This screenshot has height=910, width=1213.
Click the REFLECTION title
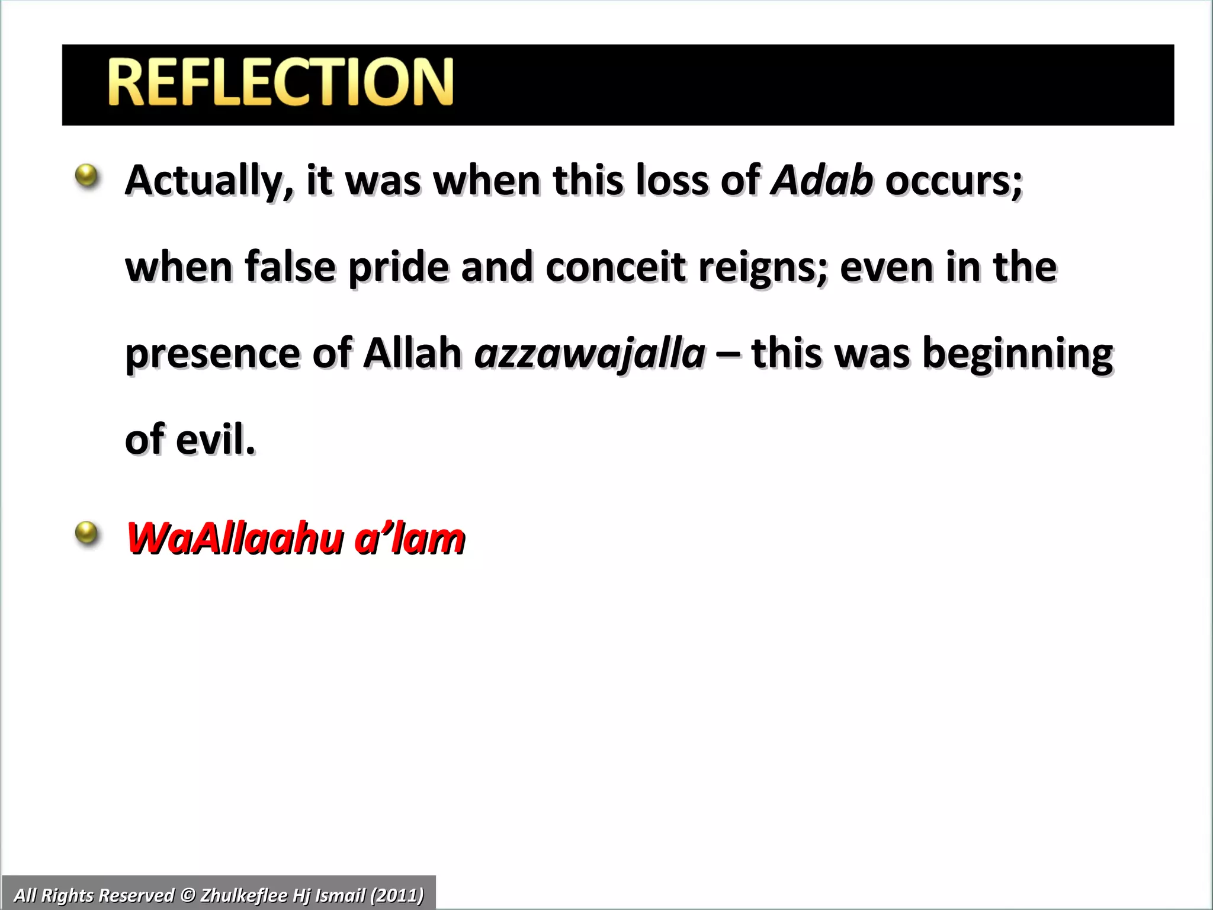point(280,82)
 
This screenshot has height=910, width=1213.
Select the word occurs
point(954,181)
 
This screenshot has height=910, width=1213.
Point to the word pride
point(399,267)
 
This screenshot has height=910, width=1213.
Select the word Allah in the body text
point(412,354)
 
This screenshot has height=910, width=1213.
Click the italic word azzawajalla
point(590,354)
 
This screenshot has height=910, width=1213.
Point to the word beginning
point(1018,354)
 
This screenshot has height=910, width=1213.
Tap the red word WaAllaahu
point(235,539)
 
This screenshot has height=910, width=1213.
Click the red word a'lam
point(409,539)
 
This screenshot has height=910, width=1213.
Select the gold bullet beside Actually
point(87,175)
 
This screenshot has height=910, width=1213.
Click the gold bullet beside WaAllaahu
point(87,533)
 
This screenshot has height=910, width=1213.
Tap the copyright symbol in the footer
point(188,895)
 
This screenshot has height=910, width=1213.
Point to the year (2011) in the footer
point(397,895)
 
